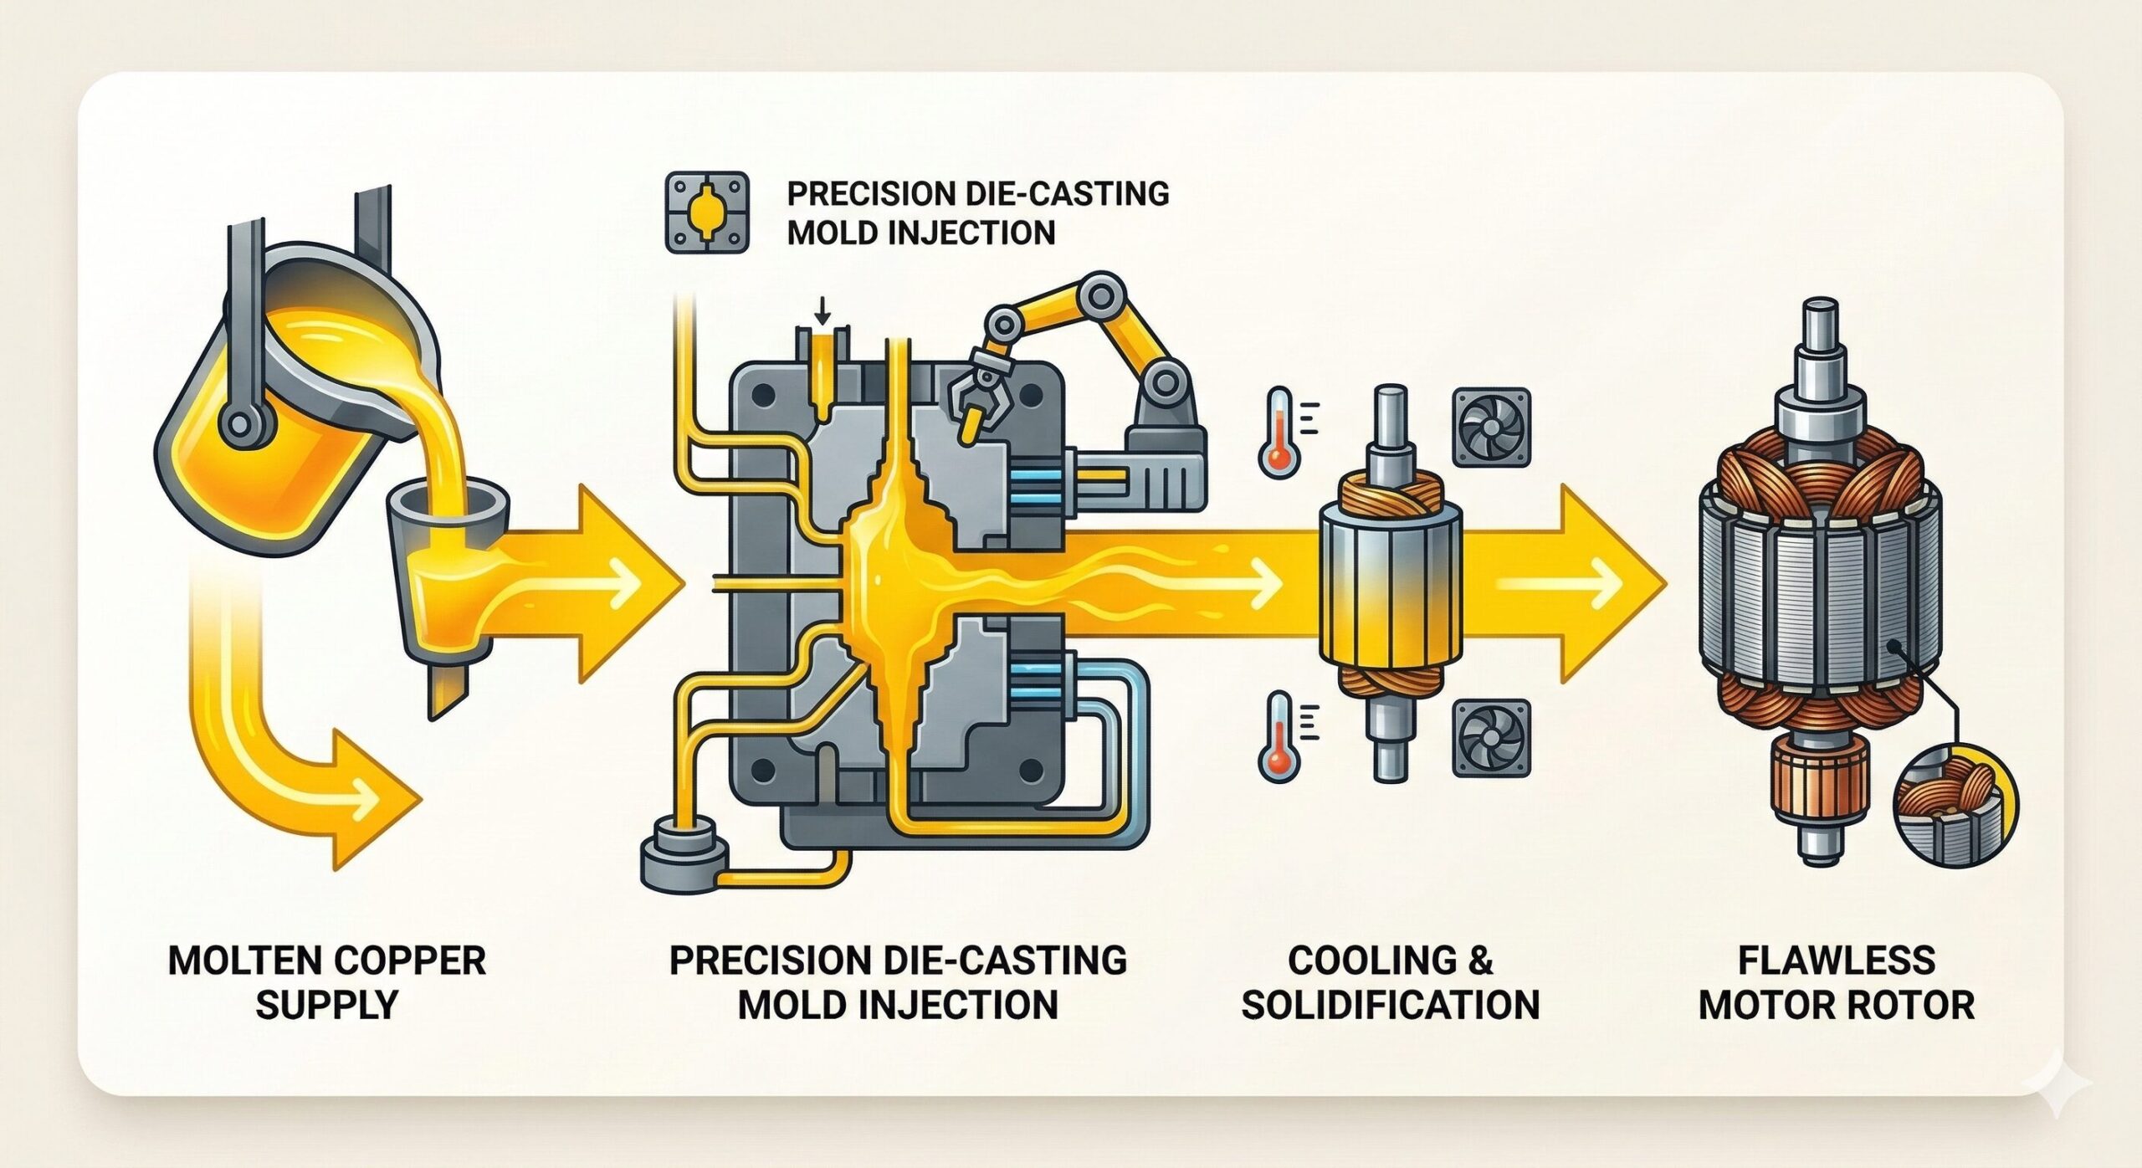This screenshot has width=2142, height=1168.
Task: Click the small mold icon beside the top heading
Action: click(705, 213)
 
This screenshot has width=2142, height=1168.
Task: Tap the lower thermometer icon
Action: click(1279, 736)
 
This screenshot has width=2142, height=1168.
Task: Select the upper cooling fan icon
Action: click(1490, 427)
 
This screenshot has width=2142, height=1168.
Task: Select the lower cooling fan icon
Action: click(1490, 737)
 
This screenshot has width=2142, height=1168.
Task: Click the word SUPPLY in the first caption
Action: click(326, 1004)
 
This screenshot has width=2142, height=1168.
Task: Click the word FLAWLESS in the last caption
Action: click(1837, 960)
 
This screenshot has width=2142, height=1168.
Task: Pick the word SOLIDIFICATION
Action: click(1390, 1004)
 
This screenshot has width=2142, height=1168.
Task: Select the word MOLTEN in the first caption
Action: click(231, 960)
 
